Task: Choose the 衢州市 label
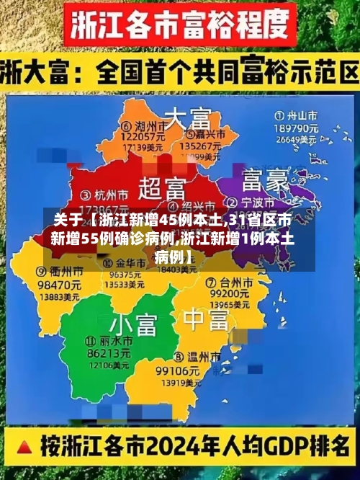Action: coord(43,272)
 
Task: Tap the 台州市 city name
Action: coord(232,282)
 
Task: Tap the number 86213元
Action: coord(108,353)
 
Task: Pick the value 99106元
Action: coord(177,370)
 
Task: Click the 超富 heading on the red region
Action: coord(162,190)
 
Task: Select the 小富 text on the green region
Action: coord(133,324)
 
